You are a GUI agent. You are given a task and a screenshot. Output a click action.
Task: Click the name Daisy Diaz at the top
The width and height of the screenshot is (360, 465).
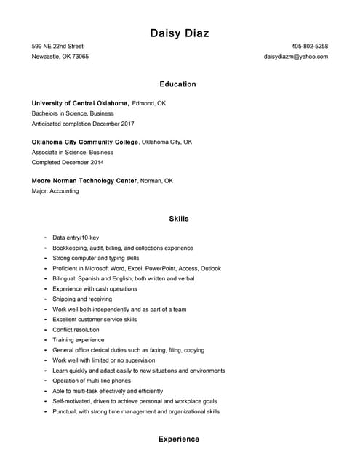tap(180, 33)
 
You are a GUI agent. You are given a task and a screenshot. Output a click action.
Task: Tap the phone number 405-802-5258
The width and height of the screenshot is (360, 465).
tap(309, 46)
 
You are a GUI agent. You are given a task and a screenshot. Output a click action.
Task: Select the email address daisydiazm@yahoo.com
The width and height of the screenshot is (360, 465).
tap(295, 56)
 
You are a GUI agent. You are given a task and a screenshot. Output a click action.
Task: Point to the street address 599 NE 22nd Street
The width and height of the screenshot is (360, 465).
tap(57, 46)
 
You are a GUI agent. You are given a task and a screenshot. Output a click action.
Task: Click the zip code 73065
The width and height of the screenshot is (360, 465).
tap(80, 56)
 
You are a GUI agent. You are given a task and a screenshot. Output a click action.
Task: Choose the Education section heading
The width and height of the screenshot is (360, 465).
tap(178, 84)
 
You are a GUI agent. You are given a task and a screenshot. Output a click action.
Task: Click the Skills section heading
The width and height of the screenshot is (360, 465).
tap(179, 219)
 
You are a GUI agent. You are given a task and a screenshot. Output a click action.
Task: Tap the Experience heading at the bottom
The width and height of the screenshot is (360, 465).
tap(179, 440)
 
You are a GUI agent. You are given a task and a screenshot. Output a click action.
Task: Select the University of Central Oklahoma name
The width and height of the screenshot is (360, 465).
tap(80, 103)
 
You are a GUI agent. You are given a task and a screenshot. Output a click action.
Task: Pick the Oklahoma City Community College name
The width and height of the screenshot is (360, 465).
tap(85, 142)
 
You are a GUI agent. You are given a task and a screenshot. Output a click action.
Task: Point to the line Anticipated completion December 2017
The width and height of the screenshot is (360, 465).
tap(82, 124)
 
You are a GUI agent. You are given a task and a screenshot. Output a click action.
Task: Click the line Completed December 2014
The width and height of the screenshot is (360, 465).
tap(68, 162)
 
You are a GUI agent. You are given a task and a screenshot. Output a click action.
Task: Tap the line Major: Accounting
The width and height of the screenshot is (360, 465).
tap(55, 191)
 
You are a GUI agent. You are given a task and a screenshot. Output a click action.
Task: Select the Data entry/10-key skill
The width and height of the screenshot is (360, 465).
tap(76, 238)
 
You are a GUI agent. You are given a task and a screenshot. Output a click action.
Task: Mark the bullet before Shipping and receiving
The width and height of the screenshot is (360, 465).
tap(45, 299)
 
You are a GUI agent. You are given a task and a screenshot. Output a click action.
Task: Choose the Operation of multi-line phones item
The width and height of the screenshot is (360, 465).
tap(92, 381)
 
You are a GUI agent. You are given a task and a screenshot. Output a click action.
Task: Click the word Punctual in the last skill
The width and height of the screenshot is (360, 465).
tap(65, 411)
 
